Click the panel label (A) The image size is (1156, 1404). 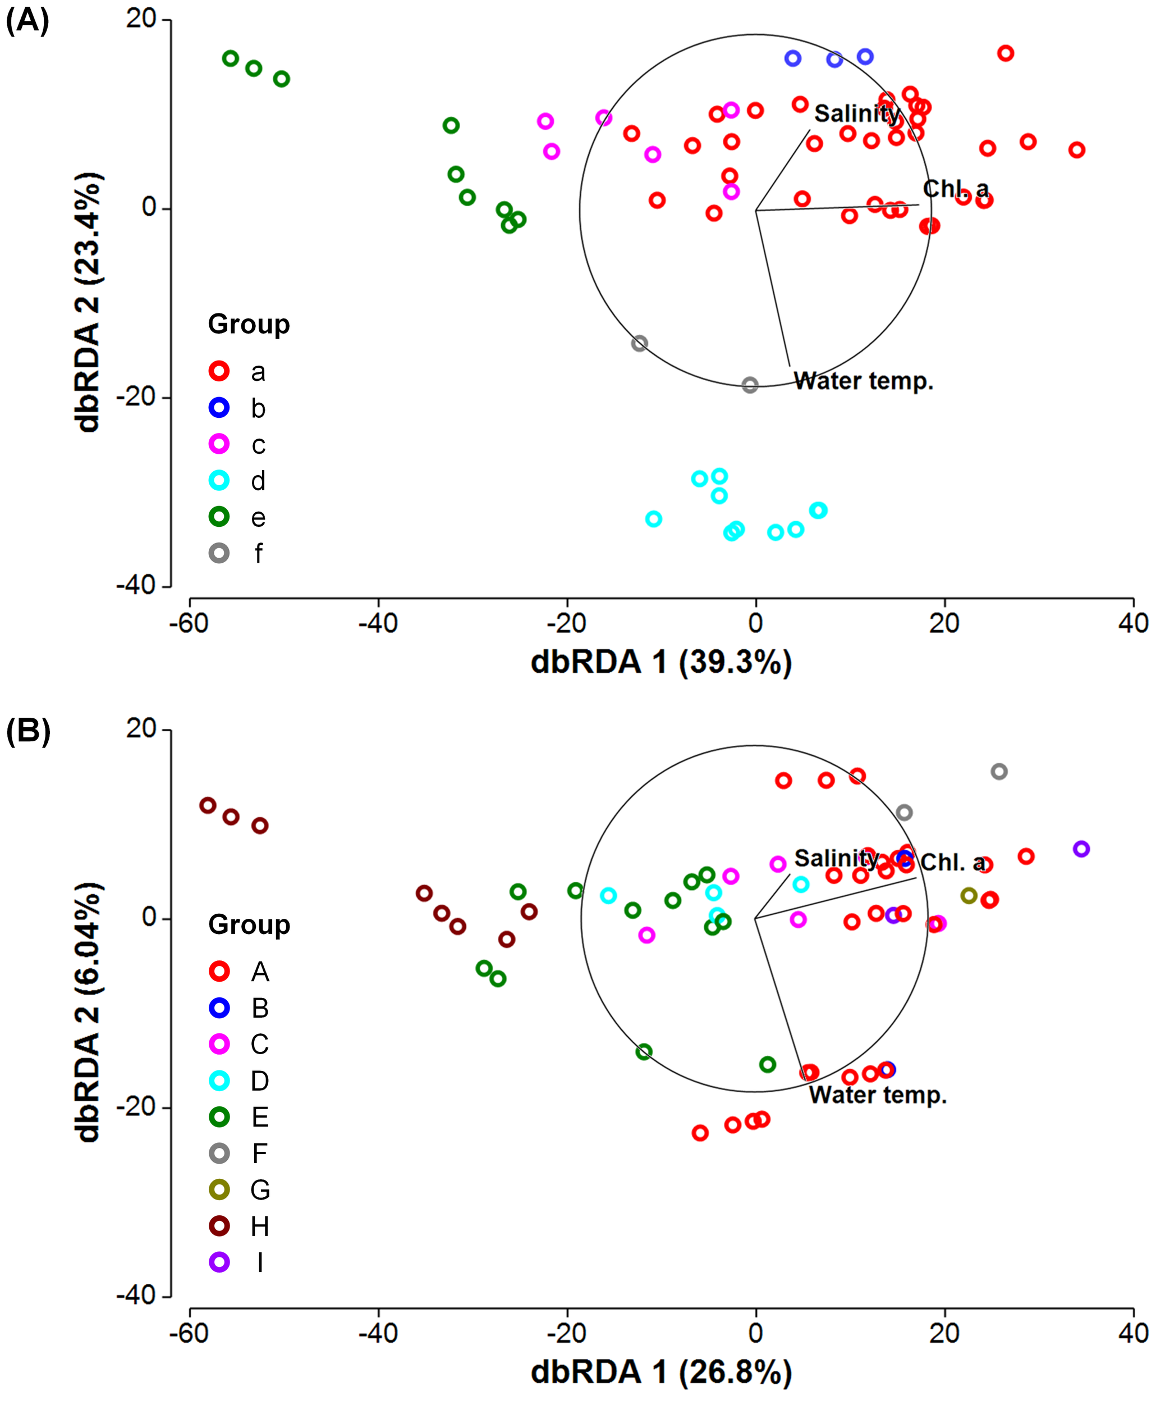click(x=27, y=21)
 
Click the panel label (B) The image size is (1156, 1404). click(x=28, y=731)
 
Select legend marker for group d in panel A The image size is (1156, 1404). click(x=219, y=480)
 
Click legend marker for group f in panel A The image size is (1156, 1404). click(x=219, y=553)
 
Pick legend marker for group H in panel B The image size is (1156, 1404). click(x=219, y=1226)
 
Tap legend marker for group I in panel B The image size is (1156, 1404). click(x=219, y=1262)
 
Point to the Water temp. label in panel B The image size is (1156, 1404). click(x=878, y=1095)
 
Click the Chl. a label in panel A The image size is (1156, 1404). click(x=956, y=189)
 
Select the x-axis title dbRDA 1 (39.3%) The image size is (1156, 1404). click(x=661, y=662)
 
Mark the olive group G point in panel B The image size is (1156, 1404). click(x=969, y=896)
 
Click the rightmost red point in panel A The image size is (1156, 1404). click(x=1077, y=150)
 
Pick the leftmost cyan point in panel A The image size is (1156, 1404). click(x=654, y=519)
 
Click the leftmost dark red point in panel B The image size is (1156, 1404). click(x=208, y=805)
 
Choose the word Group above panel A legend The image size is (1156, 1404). click(x=249, y=325)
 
